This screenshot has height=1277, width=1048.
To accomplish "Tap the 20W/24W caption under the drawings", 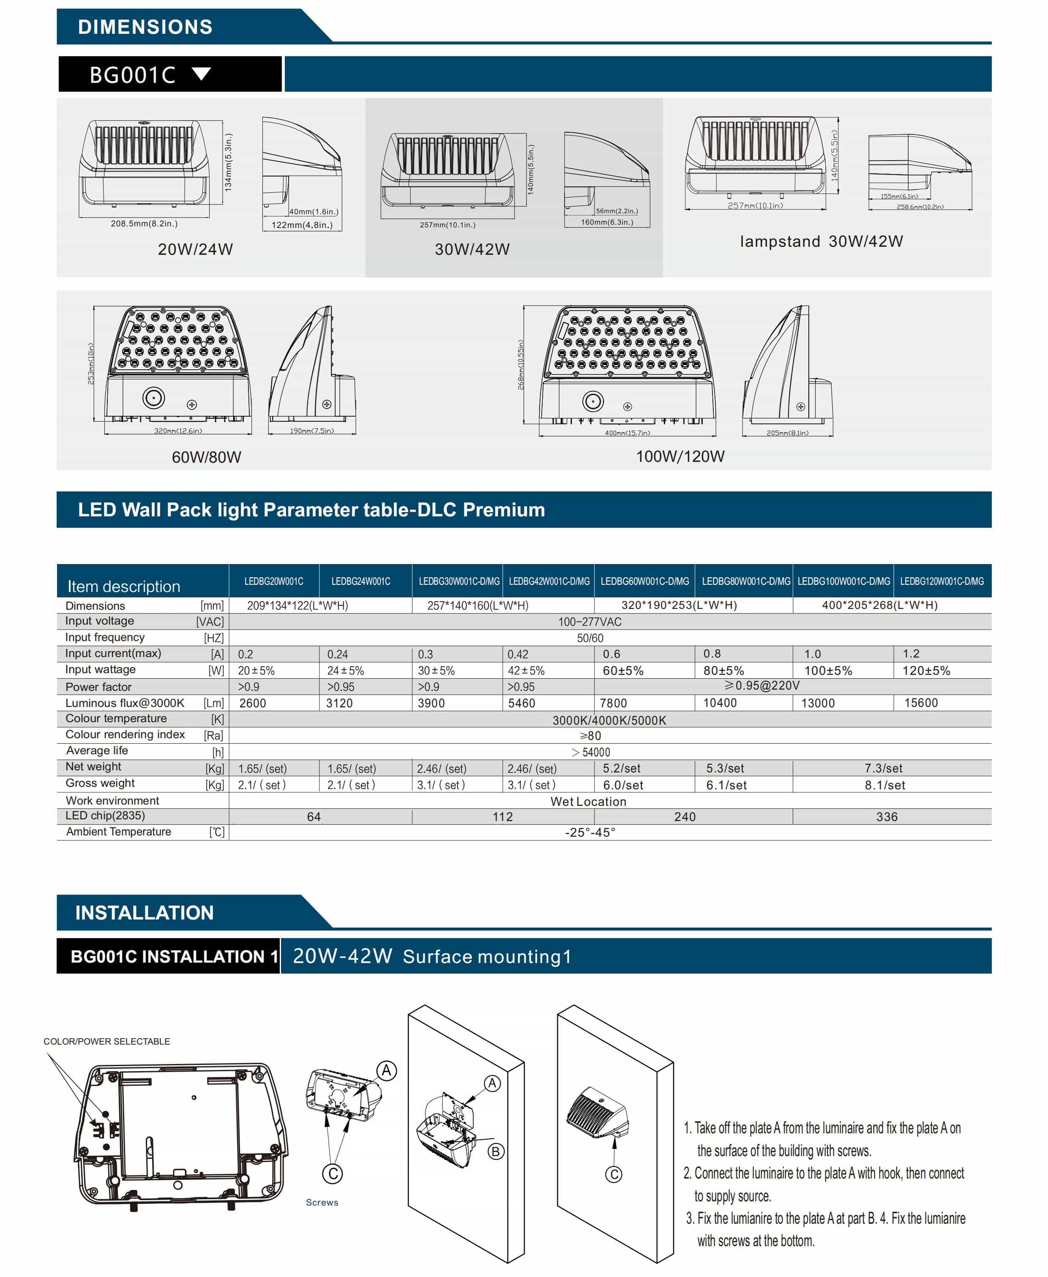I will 195,249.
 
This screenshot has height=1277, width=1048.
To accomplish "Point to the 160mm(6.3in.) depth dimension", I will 607,222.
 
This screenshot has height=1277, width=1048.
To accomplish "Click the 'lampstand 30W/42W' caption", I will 821,241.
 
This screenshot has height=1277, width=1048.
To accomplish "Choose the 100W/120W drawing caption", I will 680,456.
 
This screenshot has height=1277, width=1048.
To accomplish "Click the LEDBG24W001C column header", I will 360,581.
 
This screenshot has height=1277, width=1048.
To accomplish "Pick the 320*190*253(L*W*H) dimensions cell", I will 679,605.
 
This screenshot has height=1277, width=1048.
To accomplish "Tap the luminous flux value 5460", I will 521,703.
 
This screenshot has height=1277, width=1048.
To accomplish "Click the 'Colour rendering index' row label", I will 125,734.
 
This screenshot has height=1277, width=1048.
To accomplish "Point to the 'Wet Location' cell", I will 588,802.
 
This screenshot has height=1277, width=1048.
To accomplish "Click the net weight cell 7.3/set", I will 883,768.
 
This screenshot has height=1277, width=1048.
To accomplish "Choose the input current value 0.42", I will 518,654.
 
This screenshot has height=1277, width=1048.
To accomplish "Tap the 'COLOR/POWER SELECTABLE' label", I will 107,1041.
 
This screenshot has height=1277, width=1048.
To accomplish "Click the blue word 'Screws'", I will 322,1202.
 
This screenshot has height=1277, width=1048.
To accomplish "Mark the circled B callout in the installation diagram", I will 496,1151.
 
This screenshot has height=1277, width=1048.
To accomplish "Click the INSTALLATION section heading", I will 144,912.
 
